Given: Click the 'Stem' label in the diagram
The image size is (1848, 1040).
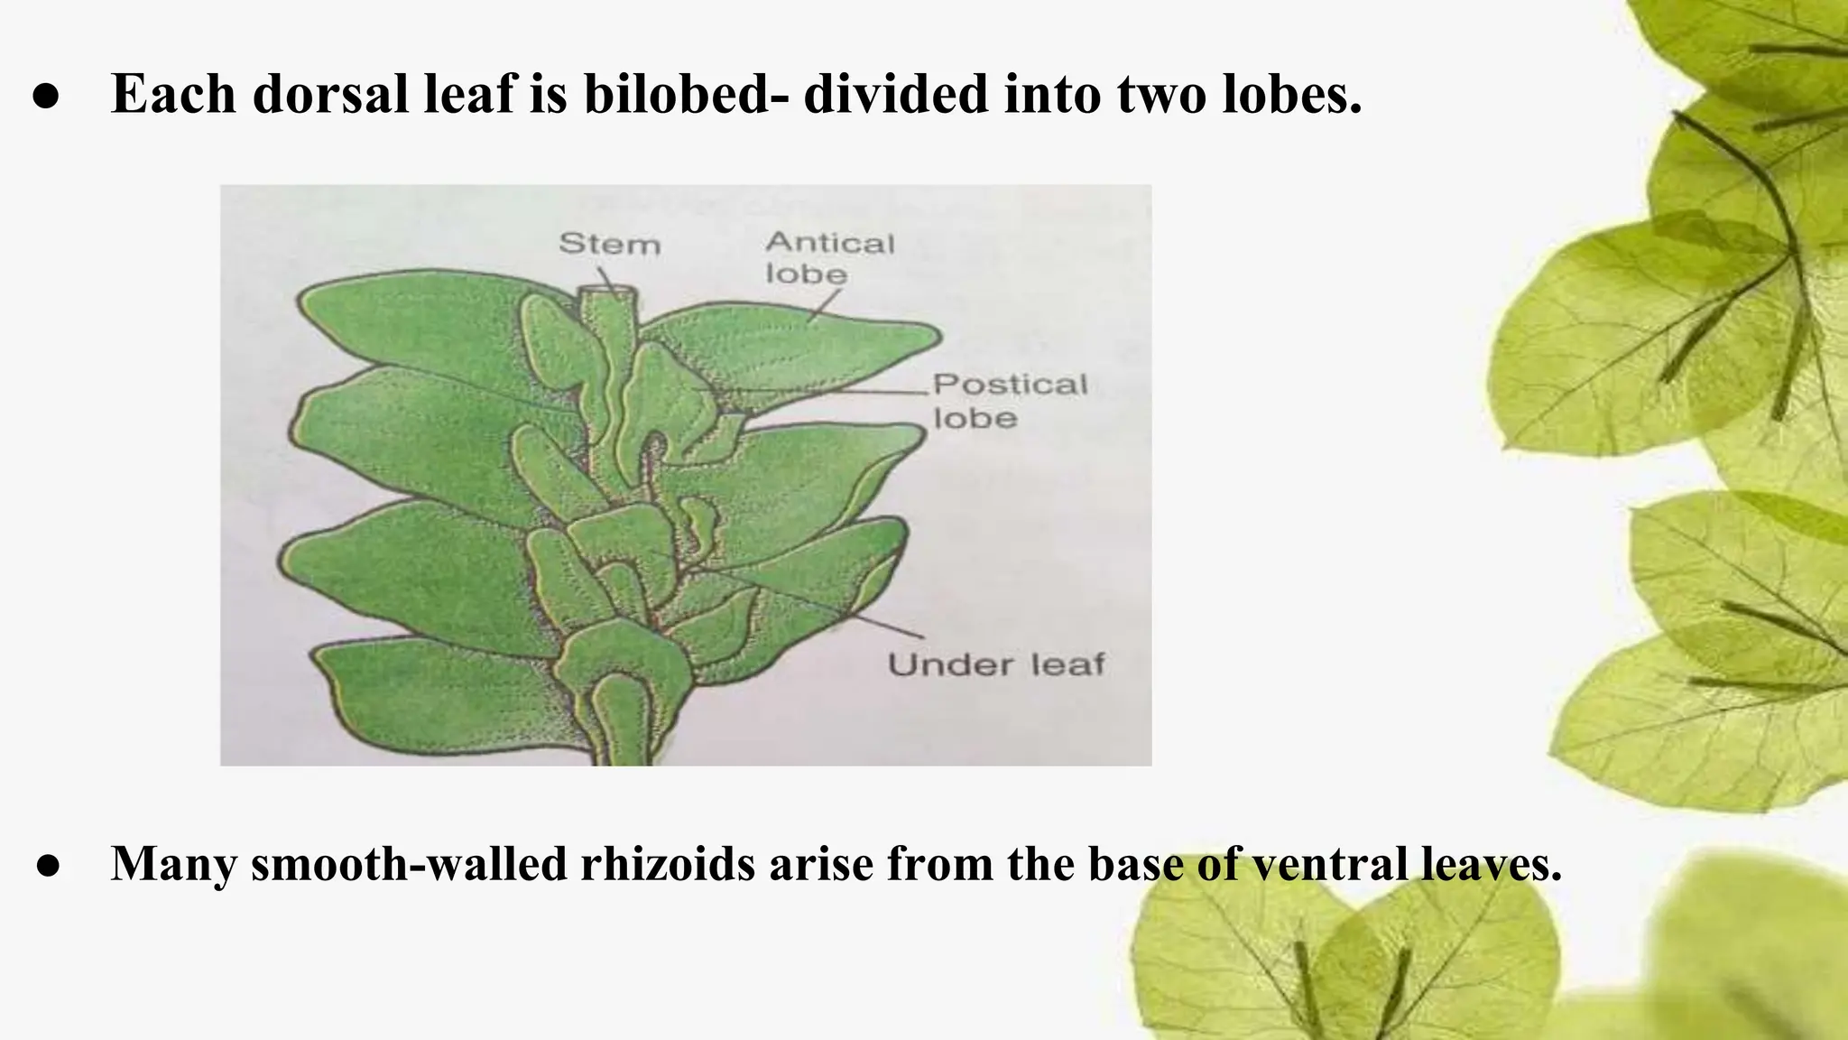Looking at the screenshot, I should [610, 244].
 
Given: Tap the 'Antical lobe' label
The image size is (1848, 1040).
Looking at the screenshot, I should [828, 257].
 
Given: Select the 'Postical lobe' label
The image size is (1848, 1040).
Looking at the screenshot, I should [1009, 401].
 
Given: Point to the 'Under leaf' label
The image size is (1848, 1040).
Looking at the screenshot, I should [996, 665].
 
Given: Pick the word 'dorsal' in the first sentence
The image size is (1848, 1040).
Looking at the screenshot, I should [330, 93].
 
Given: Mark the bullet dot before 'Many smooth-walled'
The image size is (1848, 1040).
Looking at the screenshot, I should [49, 867].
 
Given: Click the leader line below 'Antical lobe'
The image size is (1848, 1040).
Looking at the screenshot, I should [824, 305].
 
